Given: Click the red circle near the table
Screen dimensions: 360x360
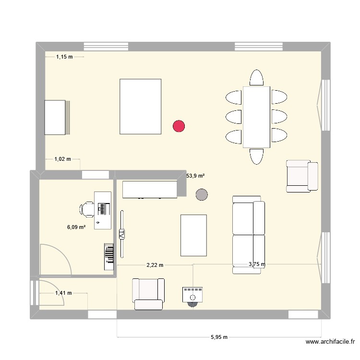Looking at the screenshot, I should (x=179, y=126).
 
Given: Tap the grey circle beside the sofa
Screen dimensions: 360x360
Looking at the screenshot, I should (x=202, y=194).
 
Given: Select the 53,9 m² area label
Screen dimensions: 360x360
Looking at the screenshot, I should (x=195, y=176).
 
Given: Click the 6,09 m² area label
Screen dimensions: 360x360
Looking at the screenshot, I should (x=76, y=227).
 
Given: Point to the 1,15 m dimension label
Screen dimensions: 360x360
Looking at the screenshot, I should (x=64, y=57).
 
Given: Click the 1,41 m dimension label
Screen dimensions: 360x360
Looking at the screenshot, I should (x=63, y=293).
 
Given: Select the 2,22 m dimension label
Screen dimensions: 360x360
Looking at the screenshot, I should (x=155, y=264).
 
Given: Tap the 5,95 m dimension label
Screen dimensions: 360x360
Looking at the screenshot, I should (x=219, y=337).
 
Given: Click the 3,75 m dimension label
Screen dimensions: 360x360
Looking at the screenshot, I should (x=257, y=264).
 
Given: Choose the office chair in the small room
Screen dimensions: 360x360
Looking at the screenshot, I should (x=87, y=208).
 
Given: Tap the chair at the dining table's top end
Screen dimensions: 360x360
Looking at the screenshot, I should (x=257, y=78).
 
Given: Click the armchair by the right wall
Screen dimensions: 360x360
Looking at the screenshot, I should (x=302, y=176).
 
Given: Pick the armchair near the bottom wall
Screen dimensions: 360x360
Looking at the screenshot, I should (x=148, y=293).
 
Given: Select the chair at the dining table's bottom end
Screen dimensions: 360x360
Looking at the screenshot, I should (x=256, y=156).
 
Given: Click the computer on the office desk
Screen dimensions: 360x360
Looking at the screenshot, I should (x=102, y=208).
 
